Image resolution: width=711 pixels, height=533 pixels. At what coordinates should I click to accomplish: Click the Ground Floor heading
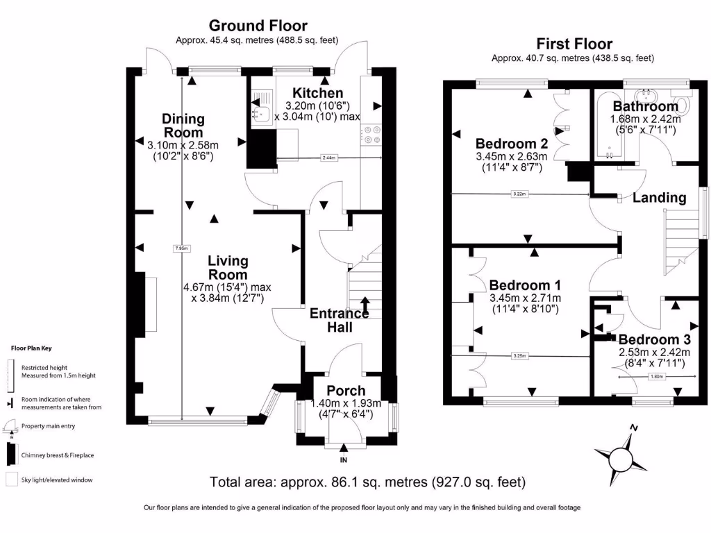pyautogui.click(x=248, y=26)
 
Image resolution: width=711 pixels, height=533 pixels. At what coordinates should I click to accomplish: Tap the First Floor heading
pyautogui.click(x=572, y=42)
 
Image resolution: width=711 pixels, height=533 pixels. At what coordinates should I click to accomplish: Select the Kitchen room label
pyautogui.click(x=317, y=93)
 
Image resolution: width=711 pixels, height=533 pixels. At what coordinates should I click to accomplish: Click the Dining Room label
pyautogui.click(x=183, y=126)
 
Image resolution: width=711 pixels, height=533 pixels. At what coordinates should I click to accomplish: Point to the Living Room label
pyautogui.click(x=228, y=268)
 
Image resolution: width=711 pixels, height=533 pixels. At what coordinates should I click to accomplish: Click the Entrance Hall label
pyautogui.click(x=339, y=320)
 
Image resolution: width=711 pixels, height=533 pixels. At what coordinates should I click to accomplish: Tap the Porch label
pyautogui.click(x=346, y=391)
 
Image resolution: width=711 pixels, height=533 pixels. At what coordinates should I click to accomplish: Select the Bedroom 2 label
pyautogui.click(x=512, y=144)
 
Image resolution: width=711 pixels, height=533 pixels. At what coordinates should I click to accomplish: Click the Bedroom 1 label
pyautogui.click(x=526, y=285)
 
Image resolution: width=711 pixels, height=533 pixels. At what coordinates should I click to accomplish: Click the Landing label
pyautogui.click(x=659, y=198)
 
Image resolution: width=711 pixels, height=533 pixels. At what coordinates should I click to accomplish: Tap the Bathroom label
pyautogui.click(x=645, y=106)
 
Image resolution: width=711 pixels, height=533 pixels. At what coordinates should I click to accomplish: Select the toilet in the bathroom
pyautogui.click(x=683, y=105)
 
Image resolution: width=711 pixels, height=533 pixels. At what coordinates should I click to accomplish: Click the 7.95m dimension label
pyautogui.click(x=181, y=248)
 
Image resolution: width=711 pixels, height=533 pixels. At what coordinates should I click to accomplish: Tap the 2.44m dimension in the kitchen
pyautogui.click(x=328, y=158)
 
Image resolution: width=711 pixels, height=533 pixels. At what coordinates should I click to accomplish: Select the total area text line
pyautogui.click(x=367, y=482)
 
